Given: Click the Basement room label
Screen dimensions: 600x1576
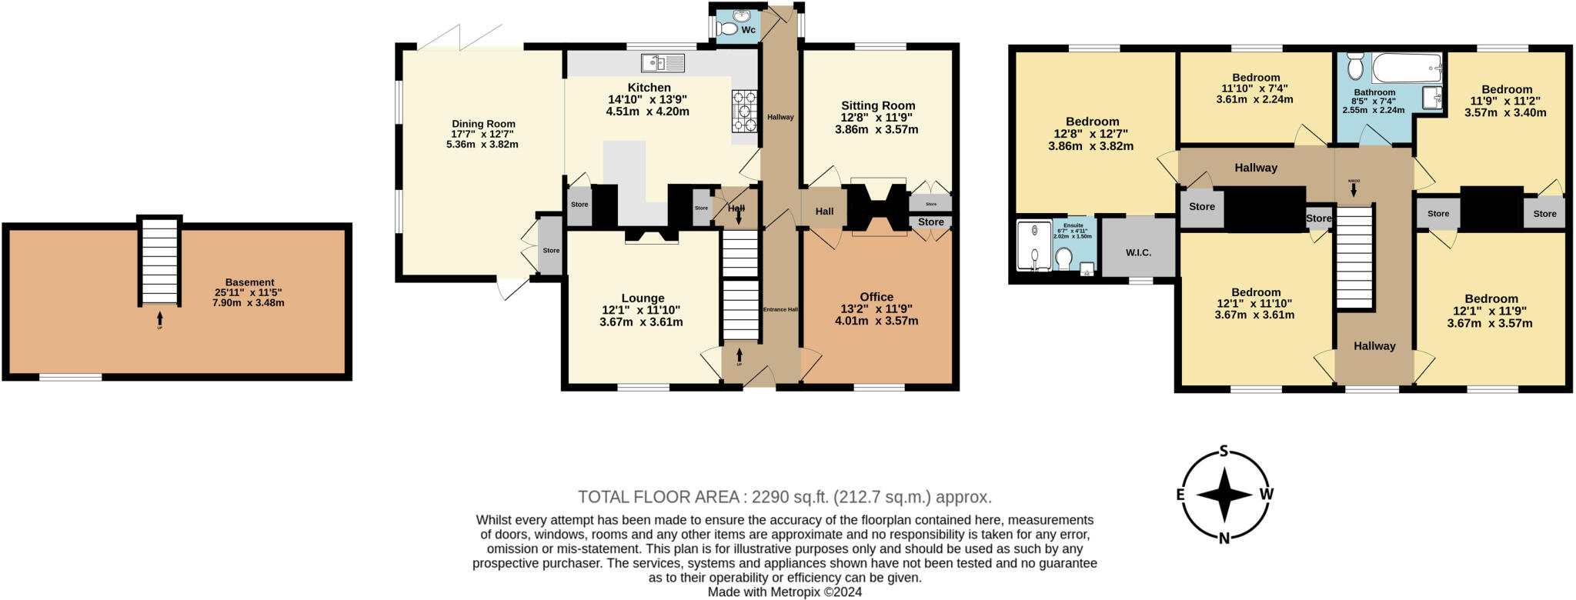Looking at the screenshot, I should [249, 282].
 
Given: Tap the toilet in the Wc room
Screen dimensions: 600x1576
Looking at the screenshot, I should [725, 29].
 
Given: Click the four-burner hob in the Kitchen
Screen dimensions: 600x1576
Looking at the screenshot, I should [745, 112].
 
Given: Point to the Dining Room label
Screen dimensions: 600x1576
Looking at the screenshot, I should [483, 124].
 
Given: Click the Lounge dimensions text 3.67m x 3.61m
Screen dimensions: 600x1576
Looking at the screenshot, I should [642, 322].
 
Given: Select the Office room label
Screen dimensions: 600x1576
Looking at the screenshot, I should [876, 297].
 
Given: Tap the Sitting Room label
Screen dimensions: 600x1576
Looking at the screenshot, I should [878, 106].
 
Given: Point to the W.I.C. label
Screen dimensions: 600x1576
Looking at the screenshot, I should [1138, 252].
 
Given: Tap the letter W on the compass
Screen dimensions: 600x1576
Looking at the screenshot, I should [1266, 494].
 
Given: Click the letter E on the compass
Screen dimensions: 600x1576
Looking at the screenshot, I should [1180, 495].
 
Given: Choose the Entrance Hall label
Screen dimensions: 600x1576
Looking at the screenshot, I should [780, 309].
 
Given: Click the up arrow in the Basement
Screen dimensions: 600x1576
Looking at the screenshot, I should [160, 318].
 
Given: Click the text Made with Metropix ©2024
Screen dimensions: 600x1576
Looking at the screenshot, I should [784, 592].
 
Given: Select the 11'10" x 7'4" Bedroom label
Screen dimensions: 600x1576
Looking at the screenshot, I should [1255, 78].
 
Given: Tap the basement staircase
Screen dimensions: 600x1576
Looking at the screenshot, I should [159, 262].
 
